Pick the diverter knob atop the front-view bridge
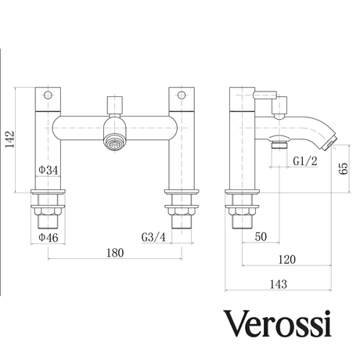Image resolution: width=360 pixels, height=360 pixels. [116, 103]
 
